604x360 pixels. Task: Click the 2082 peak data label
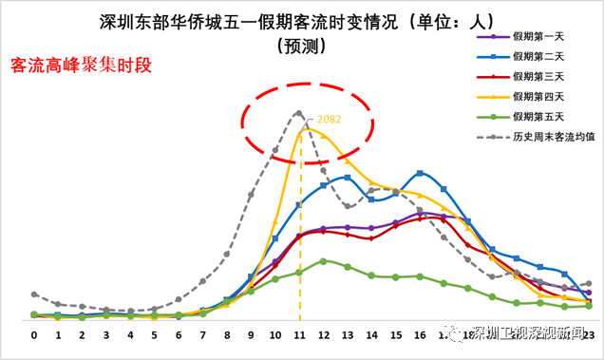[329, 120]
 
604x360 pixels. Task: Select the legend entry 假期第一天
[538, 37]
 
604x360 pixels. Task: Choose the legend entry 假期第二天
[538, 57]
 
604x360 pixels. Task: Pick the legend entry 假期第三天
[538, 76]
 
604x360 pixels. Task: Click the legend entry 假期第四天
[538, 96]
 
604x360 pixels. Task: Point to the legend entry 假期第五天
[538, 116]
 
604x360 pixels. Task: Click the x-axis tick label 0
[34, 335]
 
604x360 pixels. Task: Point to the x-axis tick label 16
[420, 335]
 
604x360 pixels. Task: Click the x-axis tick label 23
[589, 335]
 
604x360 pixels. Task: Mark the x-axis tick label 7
[203, 335]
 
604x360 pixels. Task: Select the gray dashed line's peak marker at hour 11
[298, 113]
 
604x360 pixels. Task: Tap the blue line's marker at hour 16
[420, 173]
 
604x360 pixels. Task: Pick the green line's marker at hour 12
[324, 260]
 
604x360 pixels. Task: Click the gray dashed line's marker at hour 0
[34, 294]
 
